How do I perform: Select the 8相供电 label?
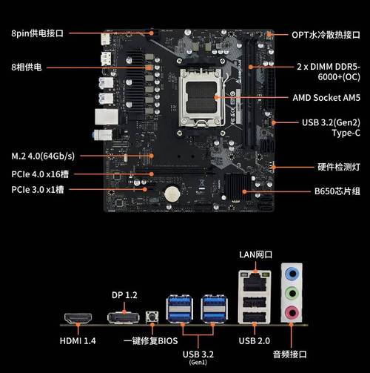[27, 67]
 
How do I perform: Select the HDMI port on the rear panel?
[76, 320]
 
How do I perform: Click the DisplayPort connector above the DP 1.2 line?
[123, 318]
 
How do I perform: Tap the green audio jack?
[292, 294]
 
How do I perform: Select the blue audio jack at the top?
[292, 273]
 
